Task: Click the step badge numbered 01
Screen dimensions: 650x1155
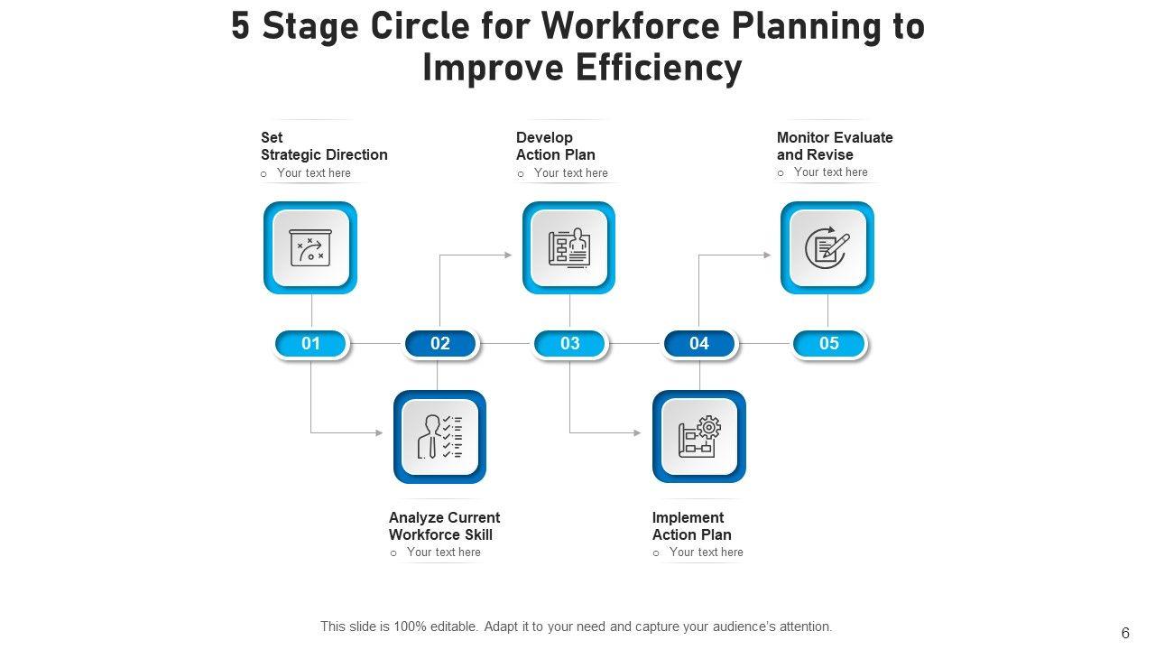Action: point(311,344)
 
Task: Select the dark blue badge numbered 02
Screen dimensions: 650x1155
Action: point(440,344)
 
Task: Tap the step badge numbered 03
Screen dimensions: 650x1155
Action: point(569,344)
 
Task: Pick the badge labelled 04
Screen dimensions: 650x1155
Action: point(699,344)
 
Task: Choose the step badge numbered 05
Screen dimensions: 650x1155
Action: point(828,344)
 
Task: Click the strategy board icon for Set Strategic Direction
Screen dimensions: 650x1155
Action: point(310,247)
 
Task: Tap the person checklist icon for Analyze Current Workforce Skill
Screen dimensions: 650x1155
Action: point(439,437)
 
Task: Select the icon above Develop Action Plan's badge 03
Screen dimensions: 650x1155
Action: point(568,247)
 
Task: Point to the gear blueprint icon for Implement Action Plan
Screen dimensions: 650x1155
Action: point(699,437)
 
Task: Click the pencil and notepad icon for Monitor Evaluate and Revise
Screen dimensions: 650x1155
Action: point(827,247)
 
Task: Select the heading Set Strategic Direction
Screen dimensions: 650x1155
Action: point(324,146)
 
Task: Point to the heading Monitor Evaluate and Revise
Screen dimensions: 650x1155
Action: point(835,146)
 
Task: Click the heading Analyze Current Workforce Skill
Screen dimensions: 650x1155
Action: point(444,526)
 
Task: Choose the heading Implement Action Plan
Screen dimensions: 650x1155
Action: point(692,526)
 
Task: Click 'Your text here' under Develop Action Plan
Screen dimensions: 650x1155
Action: point(570,173)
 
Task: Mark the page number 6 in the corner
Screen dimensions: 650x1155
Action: point(1125,634)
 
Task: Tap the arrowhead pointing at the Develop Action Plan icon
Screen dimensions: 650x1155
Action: point(508,255)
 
